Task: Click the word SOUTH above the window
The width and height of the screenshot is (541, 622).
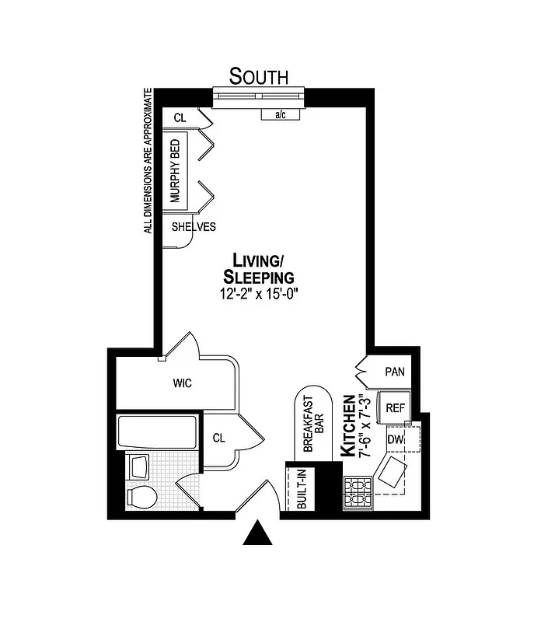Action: click(259, 76)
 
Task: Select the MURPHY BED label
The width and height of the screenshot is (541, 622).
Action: click(176, 171)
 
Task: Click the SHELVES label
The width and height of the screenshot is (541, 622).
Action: click(194, 227)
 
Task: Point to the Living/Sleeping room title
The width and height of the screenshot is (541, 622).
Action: click(259, 268)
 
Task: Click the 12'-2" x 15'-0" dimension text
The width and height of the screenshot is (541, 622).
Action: click(259, 294)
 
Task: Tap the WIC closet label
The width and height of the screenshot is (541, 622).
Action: click(183, 383)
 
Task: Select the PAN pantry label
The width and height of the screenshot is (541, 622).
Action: click(395, 372)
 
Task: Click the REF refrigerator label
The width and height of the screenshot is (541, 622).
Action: click(396, 407)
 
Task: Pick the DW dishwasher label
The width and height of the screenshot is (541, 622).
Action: click(396, 440)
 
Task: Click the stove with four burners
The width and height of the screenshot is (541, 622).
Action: click(358, 492)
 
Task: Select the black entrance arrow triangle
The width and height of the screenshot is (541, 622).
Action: click(257, 534)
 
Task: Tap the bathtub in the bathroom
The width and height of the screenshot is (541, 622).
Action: click(157, 432)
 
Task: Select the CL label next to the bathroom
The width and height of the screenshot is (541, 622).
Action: click(219, 438)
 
